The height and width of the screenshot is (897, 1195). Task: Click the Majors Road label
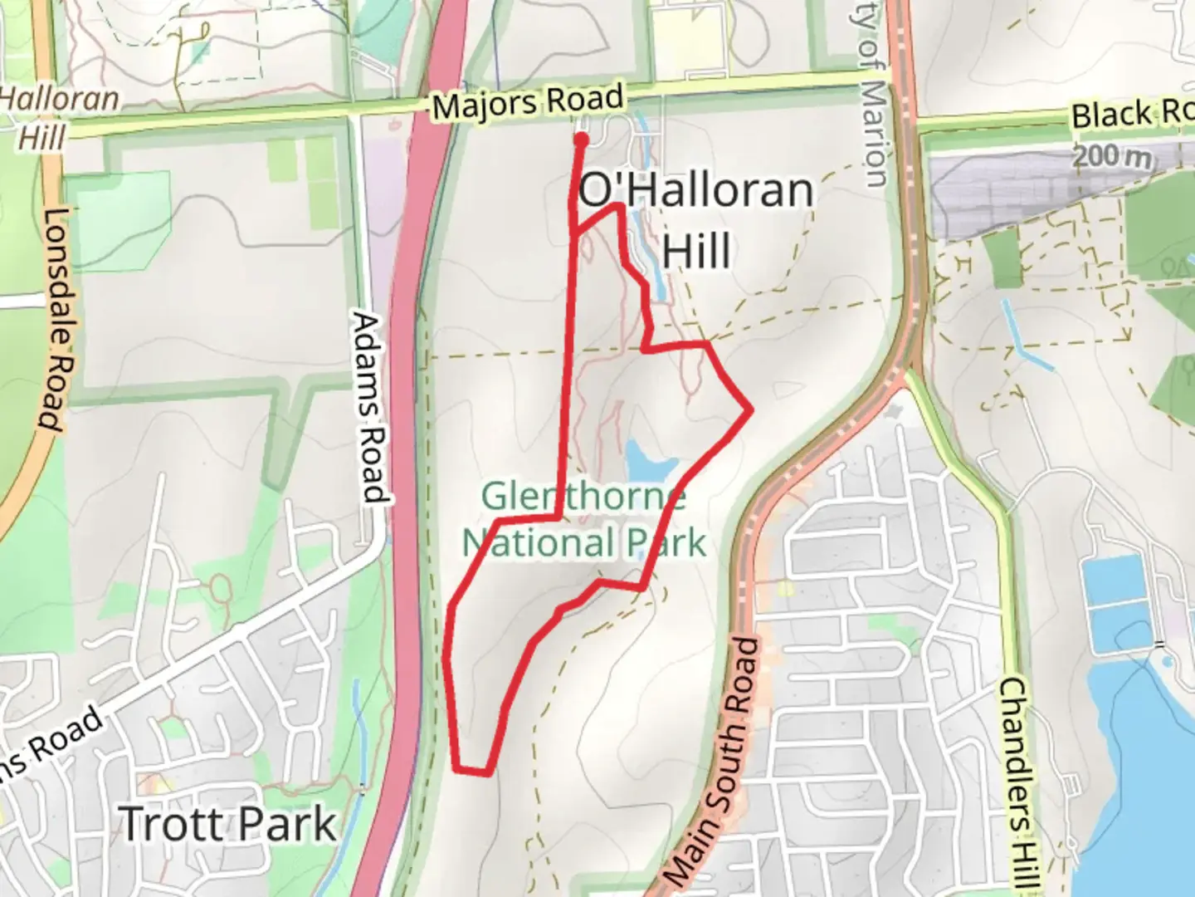(527, 104)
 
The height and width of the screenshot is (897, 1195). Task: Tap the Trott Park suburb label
(228, 824)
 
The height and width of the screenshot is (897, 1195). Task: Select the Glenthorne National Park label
(584, 521)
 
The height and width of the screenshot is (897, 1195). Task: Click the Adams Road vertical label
(370, 407)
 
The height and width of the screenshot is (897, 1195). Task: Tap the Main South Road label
(713, 762)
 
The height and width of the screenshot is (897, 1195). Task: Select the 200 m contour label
(1113, 155)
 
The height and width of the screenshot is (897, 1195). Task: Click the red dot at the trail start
(582, 140)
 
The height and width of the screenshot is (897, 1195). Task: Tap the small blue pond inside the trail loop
(647, 457)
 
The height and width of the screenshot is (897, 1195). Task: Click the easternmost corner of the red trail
(750, 409)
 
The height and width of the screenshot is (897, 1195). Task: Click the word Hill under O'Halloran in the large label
(697, 250)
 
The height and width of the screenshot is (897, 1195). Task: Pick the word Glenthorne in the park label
(583, 498)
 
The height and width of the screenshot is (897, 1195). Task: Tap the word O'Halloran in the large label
(695, 192)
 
